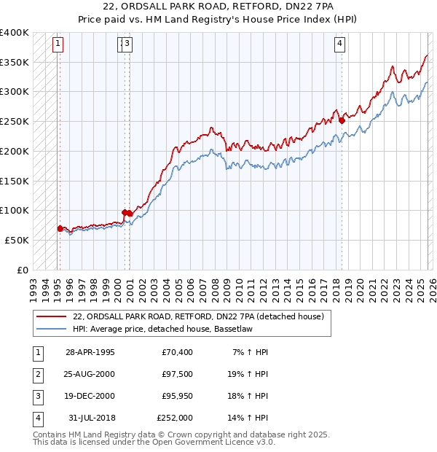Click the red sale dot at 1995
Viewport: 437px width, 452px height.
point(60,228)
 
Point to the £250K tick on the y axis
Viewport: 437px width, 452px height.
point(15,121)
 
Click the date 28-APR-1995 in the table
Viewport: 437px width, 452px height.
point(90,352)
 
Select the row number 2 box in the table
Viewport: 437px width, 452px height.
point(36,374)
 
